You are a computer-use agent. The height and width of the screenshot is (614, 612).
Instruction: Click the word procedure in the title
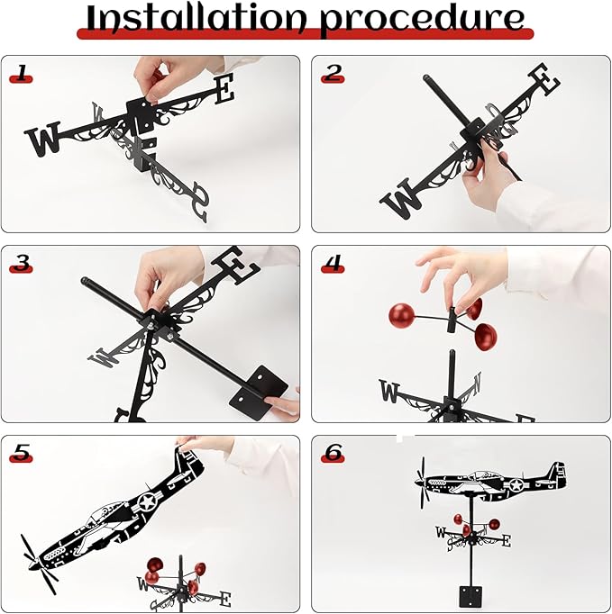[x=422, y=21]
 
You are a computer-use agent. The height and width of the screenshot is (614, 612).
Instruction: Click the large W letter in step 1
[x=42, y=139]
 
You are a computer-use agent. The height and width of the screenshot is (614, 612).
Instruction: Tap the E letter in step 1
[x=224, y=89]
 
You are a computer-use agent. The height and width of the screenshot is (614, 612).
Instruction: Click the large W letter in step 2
[x=401, y=198]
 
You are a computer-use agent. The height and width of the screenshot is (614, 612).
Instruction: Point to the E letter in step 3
[x=235, y=265]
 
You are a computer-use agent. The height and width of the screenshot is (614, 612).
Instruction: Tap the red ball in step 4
[x=401, y=316]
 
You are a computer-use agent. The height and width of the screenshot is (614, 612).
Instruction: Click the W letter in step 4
[x=388, y=391]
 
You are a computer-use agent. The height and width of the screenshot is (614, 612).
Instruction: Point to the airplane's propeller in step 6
[x=423, y=483]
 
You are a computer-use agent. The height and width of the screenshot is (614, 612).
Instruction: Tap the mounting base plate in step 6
[x=470, y=596]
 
